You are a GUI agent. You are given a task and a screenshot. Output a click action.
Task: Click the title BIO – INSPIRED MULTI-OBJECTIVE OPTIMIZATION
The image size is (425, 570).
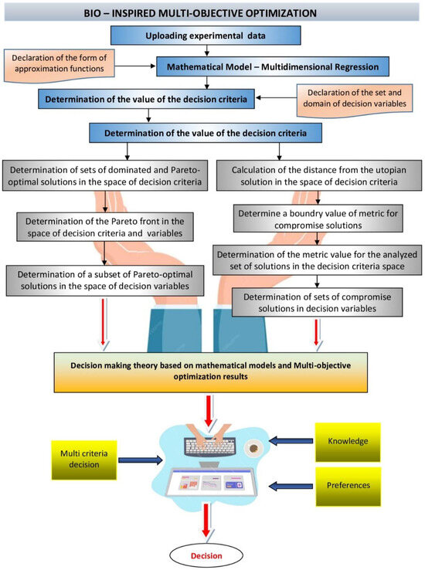coord(212,13)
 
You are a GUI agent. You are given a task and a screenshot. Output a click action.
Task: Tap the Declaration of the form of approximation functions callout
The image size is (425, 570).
coord(60,64)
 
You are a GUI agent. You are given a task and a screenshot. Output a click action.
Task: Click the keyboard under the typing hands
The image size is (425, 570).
coord(209,447)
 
